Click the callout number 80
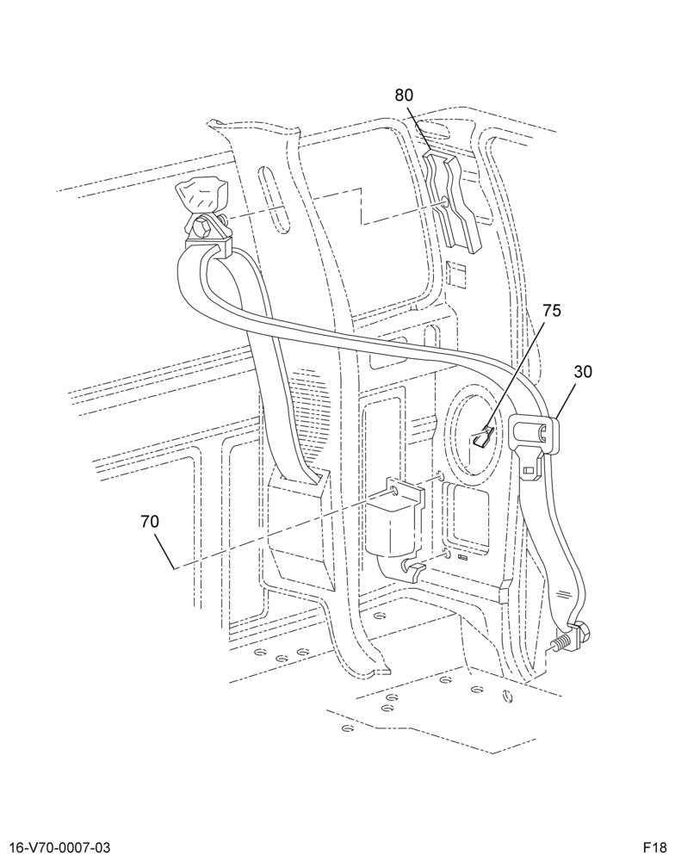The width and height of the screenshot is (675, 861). pyautogui.click(x=404, y=95)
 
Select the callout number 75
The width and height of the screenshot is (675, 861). pyautogui.click(x=552, y=311)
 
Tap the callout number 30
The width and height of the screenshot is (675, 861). pyautogui.click(x=583, y=372)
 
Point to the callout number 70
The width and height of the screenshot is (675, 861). pyautogui.click(x=150, y=522)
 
